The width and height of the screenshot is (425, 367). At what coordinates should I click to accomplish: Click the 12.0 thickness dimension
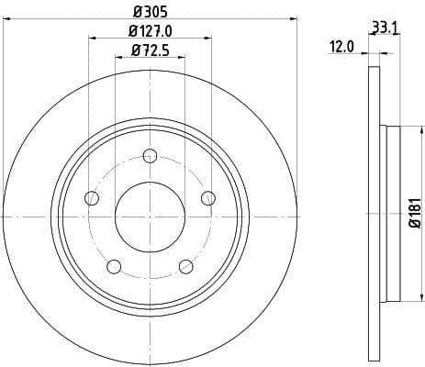coord(344,44)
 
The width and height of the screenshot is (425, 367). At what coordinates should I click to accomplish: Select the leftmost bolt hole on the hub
coord(91,197)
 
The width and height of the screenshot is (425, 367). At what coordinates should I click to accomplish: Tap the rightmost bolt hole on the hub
coord(207,197)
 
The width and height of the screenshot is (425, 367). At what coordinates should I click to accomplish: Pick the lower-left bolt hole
coord(114,266)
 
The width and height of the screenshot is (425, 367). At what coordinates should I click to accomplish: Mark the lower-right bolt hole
coord(185,266)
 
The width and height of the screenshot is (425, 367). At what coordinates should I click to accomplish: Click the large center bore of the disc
coord(150,216)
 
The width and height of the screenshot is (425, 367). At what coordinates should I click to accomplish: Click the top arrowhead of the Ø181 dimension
coord(403,132)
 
